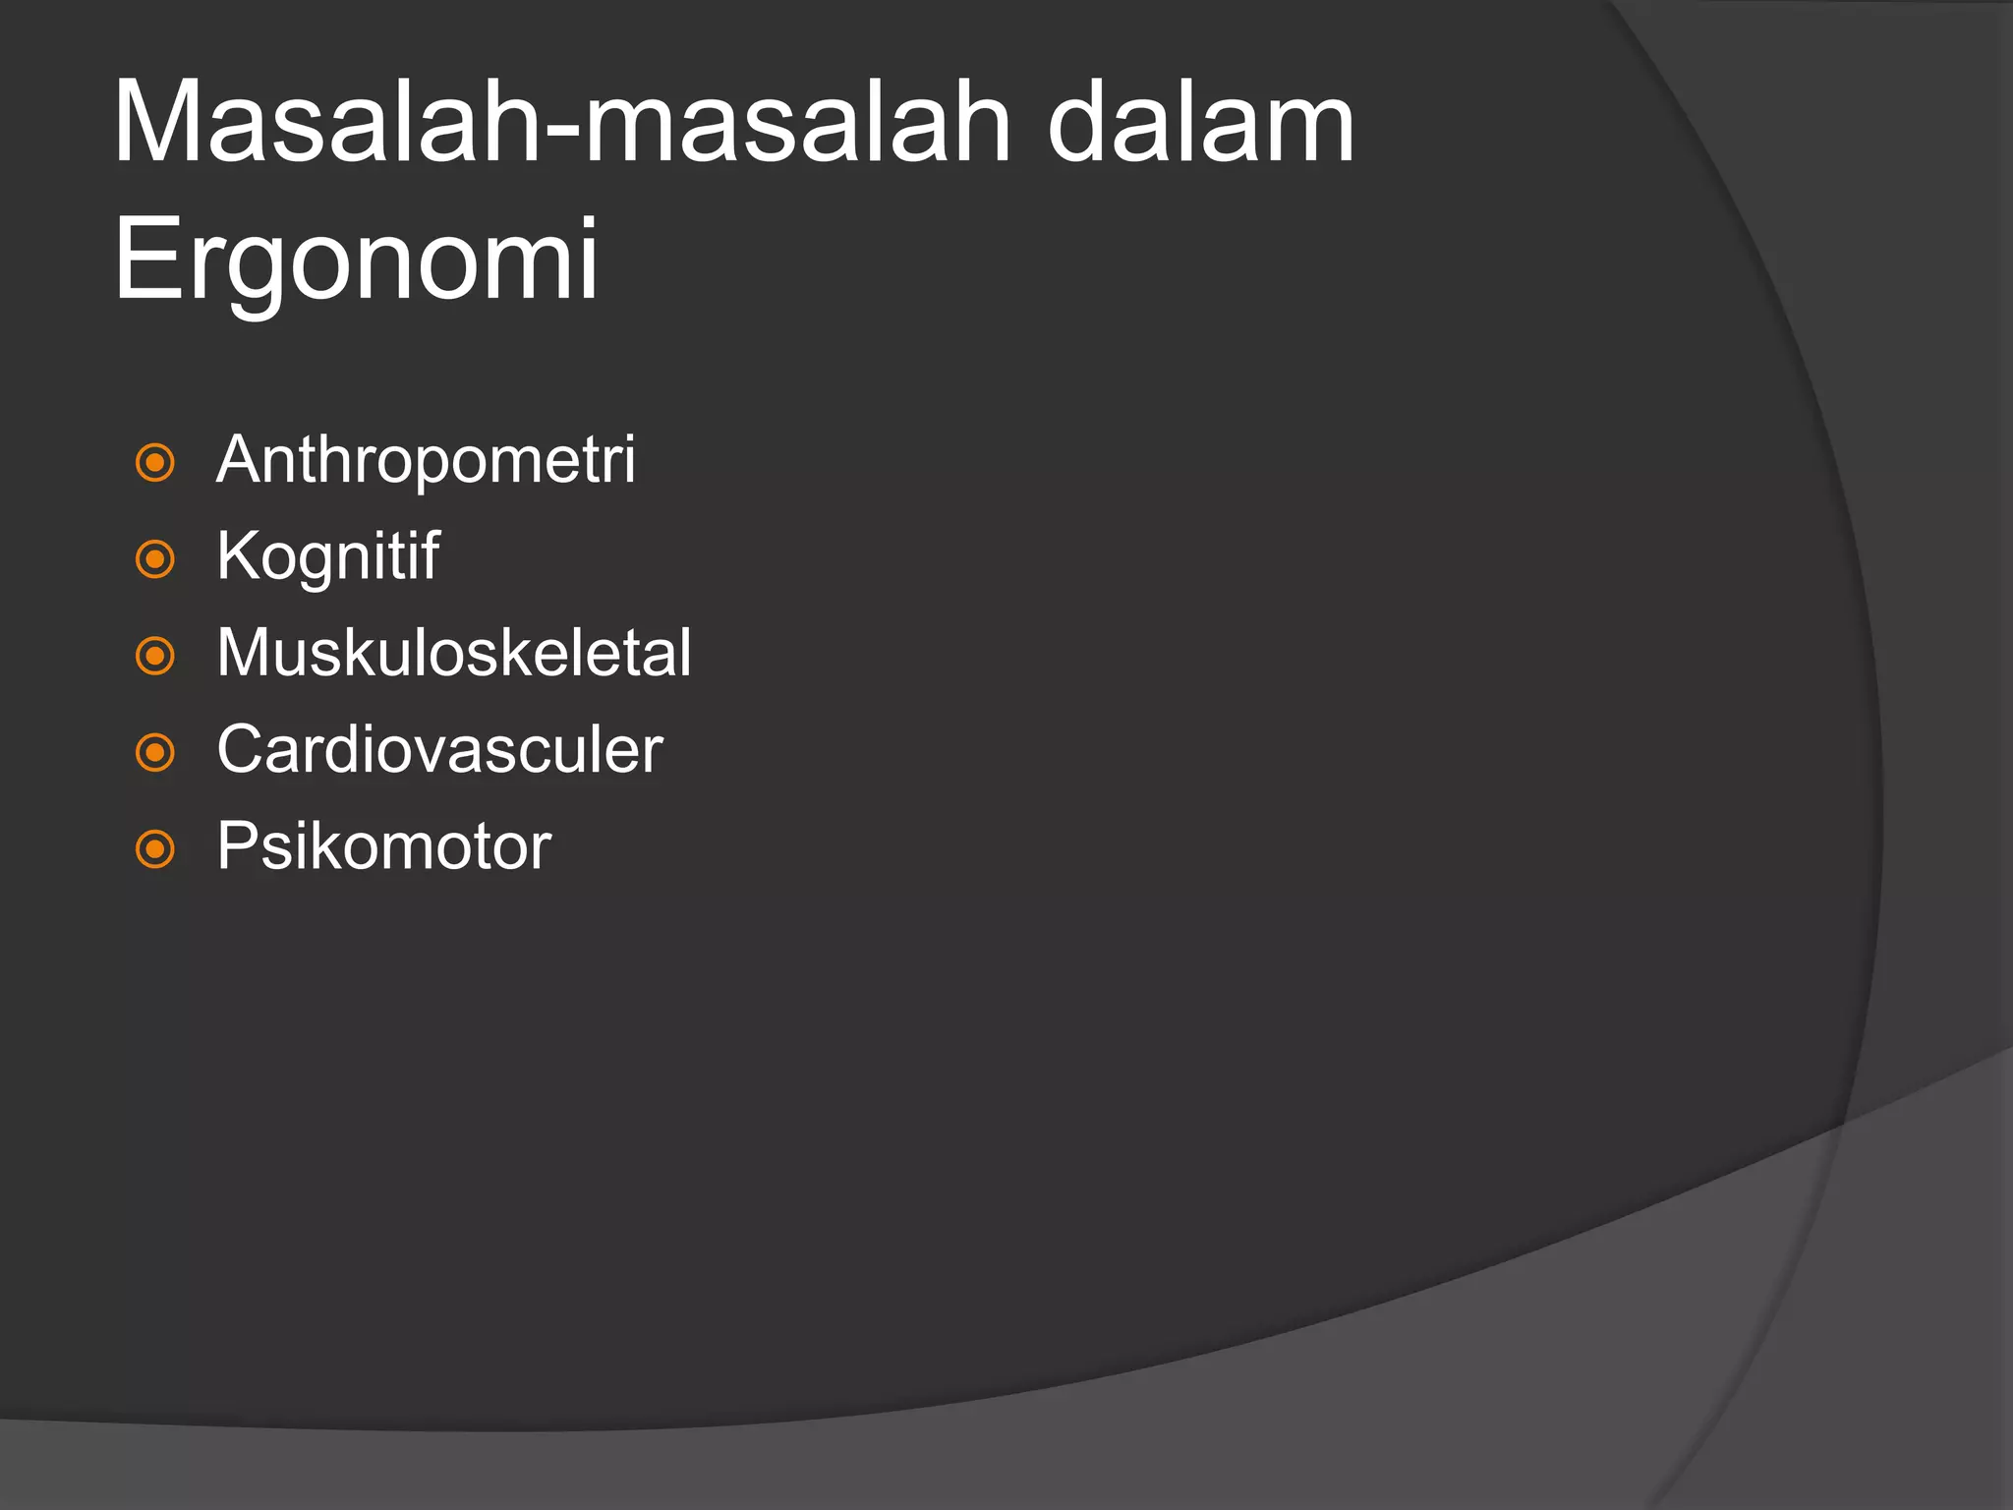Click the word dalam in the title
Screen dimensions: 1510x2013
pos(1201,123)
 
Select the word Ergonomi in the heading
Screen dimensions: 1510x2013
pos(356,260)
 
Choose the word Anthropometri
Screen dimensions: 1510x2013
pos(426,460)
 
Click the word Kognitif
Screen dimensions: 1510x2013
pos(327,556)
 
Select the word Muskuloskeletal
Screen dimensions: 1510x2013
pos(453,653)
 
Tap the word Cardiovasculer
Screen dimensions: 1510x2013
pos(439,750)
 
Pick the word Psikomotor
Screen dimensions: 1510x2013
pos(383,846)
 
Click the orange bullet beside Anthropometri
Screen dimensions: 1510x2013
pos(155,462)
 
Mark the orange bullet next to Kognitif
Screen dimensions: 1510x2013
pos(155,559)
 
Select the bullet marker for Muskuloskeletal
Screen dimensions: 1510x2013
pos(155,656)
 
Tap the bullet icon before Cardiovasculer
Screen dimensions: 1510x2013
pos(155,753)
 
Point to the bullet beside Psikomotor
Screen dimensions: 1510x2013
pos(155,849)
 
